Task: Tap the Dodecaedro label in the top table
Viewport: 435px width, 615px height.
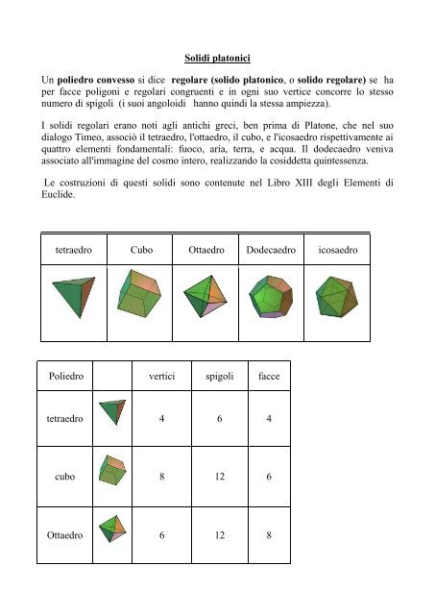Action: pyautogui.click(x=271, y=249)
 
